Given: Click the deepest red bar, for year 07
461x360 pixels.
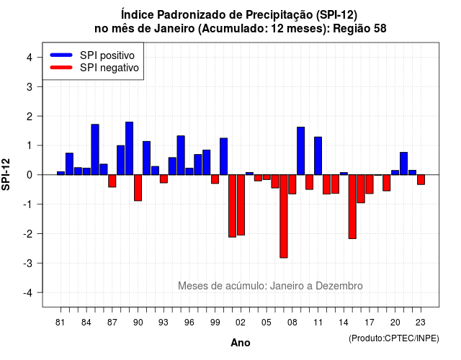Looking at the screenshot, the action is [284, 216].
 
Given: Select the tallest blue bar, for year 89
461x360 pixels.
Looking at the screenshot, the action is [130, 148].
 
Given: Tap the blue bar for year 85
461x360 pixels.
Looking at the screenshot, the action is [95, 150].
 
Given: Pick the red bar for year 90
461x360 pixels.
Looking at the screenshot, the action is [138, 188].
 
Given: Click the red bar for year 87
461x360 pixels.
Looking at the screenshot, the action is [112, 181].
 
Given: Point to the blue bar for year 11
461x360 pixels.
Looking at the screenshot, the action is [318, 156].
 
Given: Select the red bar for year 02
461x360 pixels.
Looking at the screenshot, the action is [241, 204].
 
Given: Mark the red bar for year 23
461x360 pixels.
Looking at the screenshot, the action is [421, 179].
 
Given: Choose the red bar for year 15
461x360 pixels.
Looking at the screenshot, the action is [352, 207].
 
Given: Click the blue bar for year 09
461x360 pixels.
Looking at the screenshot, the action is [301, 151].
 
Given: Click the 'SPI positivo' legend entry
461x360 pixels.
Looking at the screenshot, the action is [92, 55].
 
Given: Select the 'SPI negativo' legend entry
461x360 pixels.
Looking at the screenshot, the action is [94, 68].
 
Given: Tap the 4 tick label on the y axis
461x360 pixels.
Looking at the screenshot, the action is [30, 57].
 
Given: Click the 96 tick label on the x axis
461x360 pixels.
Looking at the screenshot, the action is [189, 323].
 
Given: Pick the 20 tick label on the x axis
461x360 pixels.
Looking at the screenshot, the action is [395, 323].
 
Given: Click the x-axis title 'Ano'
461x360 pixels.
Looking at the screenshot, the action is [241, 343].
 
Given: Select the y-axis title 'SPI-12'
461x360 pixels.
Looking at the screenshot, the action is [6, 174].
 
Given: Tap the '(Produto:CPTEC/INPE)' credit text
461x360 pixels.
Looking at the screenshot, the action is [394, 338].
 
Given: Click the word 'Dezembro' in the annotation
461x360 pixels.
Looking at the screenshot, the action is [339, 286].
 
